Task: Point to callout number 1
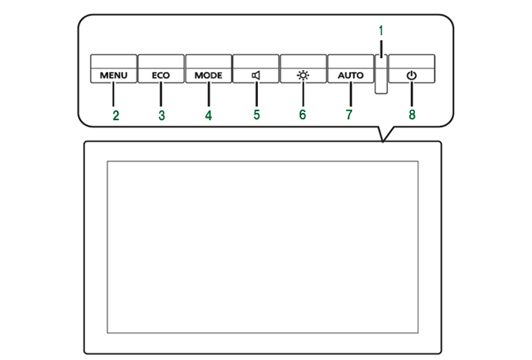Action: (381, 30)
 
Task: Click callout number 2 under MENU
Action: (116, 115)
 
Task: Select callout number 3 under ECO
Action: (162, 115)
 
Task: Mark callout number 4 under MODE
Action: (209, 115)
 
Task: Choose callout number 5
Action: (256, 115)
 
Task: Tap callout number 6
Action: (303, 115)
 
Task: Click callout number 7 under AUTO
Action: (349, 115)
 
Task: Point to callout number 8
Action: (413, 115)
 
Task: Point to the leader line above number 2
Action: (115, 94)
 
